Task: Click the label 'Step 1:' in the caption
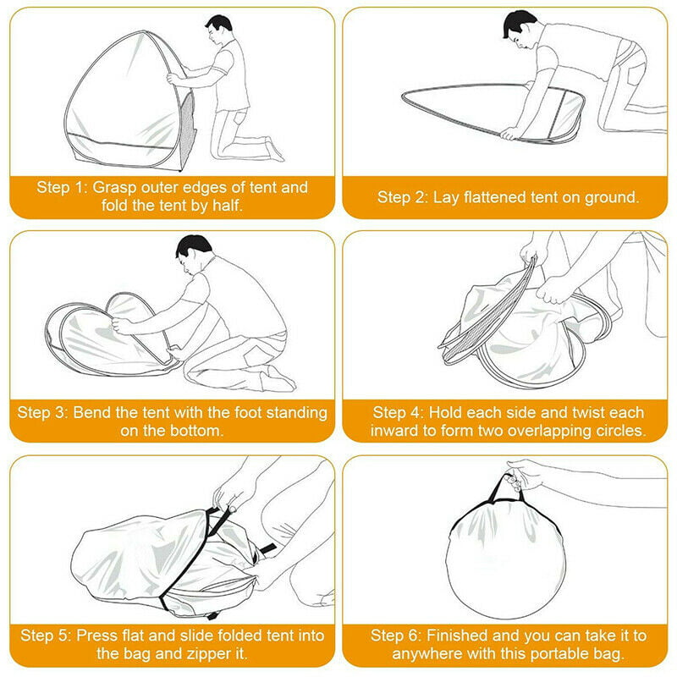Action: click(62, 188)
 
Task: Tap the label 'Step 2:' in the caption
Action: click(403, 197)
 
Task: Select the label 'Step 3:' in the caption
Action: click(43, 413)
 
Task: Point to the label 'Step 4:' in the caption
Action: click(398, 413)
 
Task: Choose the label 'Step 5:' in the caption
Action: click(46, 636)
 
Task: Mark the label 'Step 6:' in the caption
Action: click(395, 636)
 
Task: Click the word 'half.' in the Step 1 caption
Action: click(228, 206)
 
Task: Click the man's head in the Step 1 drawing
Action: click(218, 29)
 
